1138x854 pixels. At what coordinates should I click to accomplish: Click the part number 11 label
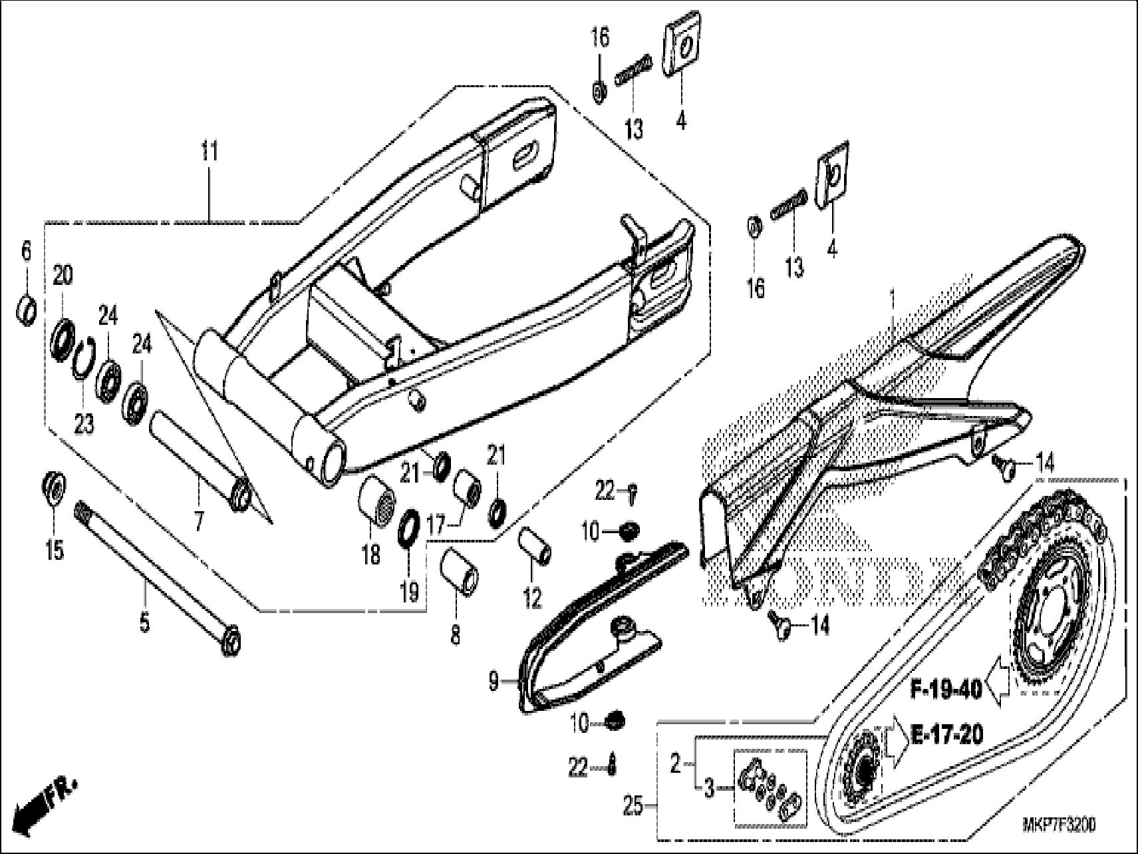click(x=210, y=152)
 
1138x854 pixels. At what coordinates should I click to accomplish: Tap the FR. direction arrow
click(x=43, y=805)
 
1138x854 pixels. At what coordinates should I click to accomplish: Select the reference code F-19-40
click(x=946, y=690)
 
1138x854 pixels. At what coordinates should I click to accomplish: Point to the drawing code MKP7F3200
click(x=1059, y=825)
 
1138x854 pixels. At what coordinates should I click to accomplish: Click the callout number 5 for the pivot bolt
click(x=144, y=624)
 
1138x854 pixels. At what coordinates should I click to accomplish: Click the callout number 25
click(x=633, y=807)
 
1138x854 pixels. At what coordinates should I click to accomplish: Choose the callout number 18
click(x=370, y=553)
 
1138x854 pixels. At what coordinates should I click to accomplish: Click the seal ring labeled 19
click(x=408, y=525)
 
